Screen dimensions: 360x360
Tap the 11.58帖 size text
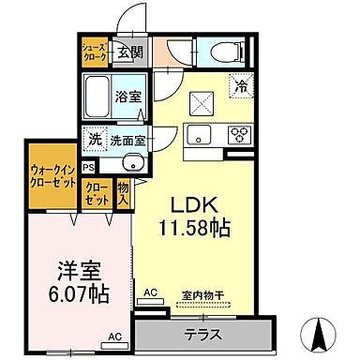point(197,227)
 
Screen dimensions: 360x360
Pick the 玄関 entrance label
point(130,51)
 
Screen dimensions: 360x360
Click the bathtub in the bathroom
point(97,95)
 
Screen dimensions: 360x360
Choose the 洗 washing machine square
point(95,139)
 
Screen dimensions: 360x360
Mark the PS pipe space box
point(88,166)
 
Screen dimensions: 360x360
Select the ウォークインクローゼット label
point(52,176)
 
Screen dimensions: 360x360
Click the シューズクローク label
point(94,51)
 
